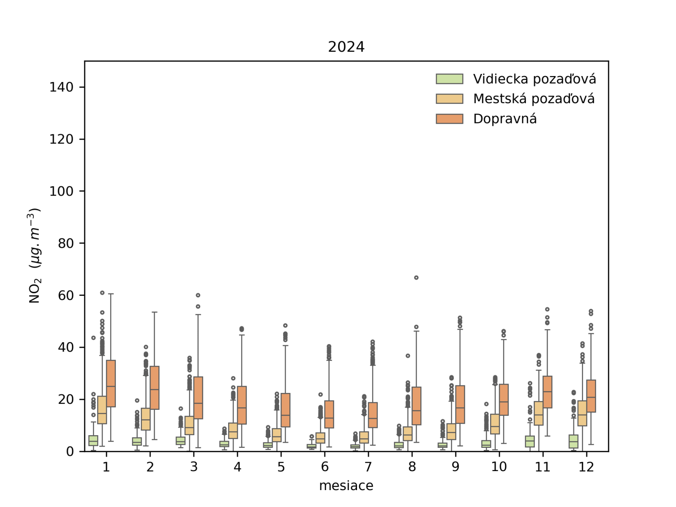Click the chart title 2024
[x=346, y=46]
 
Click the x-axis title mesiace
[x=346, y=486]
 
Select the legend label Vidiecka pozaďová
[x=534, y=79]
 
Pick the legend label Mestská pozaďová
[x=534, y=99]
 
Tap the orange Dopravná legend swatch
[x=450, y=119]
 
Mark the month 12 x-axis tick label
[x=586, y=467]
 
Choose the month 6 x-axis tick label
[x=324, y=467]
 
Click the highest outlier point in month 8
[x=416, y=278]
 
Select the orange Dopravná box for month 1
[x=111, y=384]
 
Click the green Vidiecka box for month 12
[x=573, y=442]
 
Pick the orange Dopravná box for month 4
[x=242, y=405]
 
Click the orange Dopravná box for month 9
[x=460, y=404]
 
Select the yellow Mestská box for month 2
[x=146, y=419]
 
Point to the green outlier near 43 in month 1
[x=93, y=338]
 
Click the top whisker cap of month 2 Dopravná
[x=155, y=312]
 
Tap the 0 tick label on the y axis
[x=70, y=452]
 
